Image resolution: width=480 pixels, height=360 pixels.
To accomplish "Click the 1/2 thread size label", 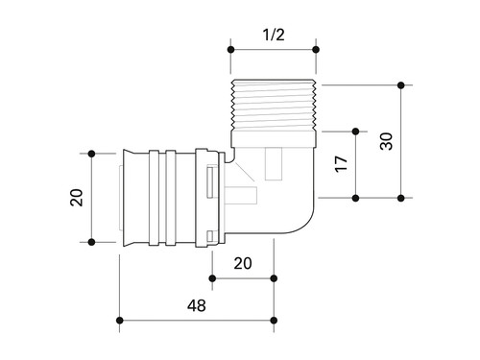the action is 274,35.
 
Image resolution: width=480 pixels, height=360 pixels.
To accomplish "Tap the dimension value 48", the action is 197,305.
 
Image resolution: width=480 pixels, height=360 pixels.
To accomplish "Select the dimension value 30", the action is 386,141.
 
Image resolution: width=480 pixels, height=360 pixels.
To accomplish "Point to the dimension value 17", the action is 341,164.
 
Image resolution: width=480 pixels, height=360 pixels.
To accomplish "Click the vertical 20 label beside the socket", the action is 77,198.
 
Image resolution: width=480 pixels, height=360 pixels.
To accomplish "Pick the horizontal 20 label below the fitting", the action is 243,263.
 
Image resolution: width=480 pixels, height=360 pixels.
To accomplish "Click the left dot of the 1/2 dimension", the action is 230,50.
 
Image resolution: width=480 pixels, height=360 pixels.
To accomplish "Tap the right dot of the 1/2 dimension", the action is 316,50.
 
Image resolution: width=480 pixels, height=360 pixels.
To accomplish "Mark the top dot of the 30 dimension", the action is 401,85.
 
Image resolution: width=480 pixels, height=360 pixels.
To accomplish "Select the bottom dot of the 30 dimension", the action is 401,198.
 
